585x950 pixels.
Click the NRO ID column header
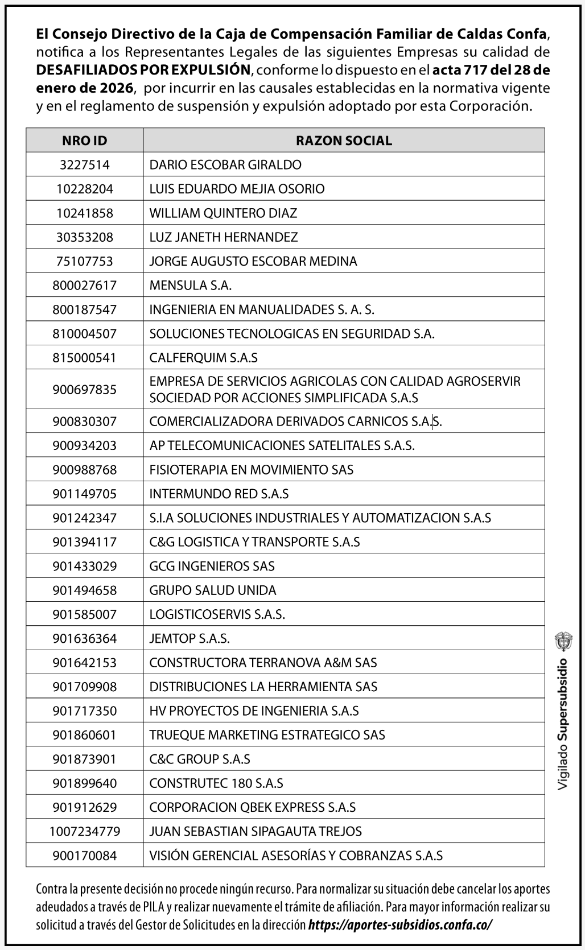pos(84,141)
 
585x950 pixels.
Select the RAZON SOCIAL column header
pos(344,141)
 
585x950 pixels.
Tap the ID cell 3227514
pos(84,165)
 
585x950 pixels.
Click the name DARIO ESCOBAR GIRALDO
pos(225,165)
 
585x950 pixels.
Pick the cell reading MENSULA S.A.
pos(191,286)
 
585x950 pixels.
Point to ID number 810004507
pos(84,334)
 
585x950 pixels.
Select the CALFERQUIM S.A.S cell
pos(203,358)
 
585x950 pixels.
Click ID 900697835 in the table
pos(84,390)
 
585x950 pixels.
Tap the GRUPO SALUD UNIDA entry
pos(213,590)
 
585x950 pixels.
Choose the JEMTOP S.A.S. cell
pos(189,639)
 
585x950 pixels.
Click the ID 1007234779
pos(84,832)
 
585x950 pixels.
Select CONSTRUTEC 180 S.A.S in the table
pos(216,783)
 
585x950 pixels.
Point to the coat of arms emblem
pos(563,641)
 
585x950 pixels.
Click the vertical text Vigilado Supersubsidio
pos(563,724)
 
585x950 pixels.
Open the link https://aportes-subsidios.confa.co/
pos(400,925)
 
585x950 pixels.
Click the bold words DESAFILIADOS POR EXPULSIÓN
pos(143,70)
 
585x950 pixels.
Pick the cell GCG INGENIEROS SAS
pos(212,567)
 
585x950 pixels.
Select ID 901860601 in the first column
pos(84,735)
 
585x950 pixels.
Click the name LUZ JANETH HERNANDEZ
pos(224,237)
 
